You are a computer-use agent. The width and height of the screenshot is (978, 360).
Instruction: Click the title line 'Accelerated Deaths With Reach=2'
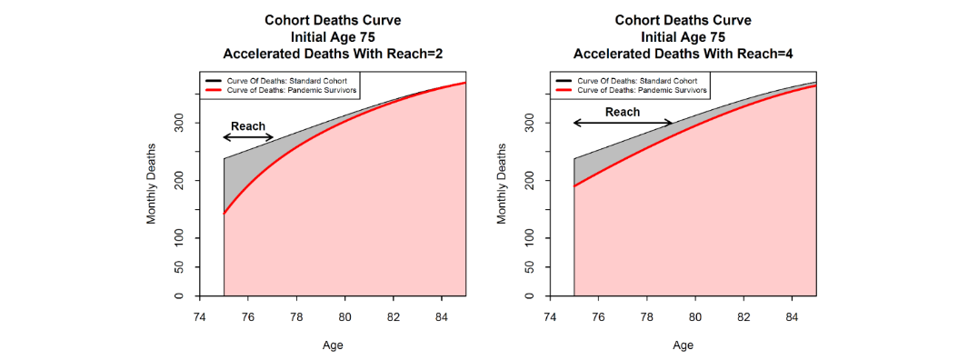coord(333,54)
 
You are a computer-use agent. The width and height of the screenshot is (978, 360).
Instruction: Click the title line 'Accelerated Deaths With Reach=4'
coord(683,54)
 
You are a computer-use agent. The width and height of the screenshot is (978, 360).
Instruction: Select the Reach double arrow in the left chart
coord(248,137)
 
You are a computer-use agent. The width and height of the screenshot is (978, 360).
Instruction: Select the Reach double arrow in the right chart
coord(623,123)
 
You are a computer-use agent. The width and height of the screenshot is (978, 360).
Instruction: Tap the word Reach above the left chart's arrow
coord(248,125)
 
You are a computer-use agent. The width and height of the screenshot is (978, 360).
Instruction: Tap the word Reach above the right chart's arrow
coord(623,112)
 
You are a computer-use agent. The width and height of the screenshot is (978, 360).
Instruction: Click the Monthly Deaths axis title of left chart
coord(152,184)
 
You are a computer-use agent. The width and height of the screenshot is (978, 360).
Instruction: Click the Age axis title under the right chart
coord(683,345)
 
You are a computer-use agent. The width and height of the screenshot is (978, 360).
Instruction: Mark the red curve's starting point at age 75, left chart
coord(224,214)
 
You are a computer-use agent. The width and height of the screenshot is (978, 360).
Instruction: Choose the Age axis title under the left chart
coord(333,345)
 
